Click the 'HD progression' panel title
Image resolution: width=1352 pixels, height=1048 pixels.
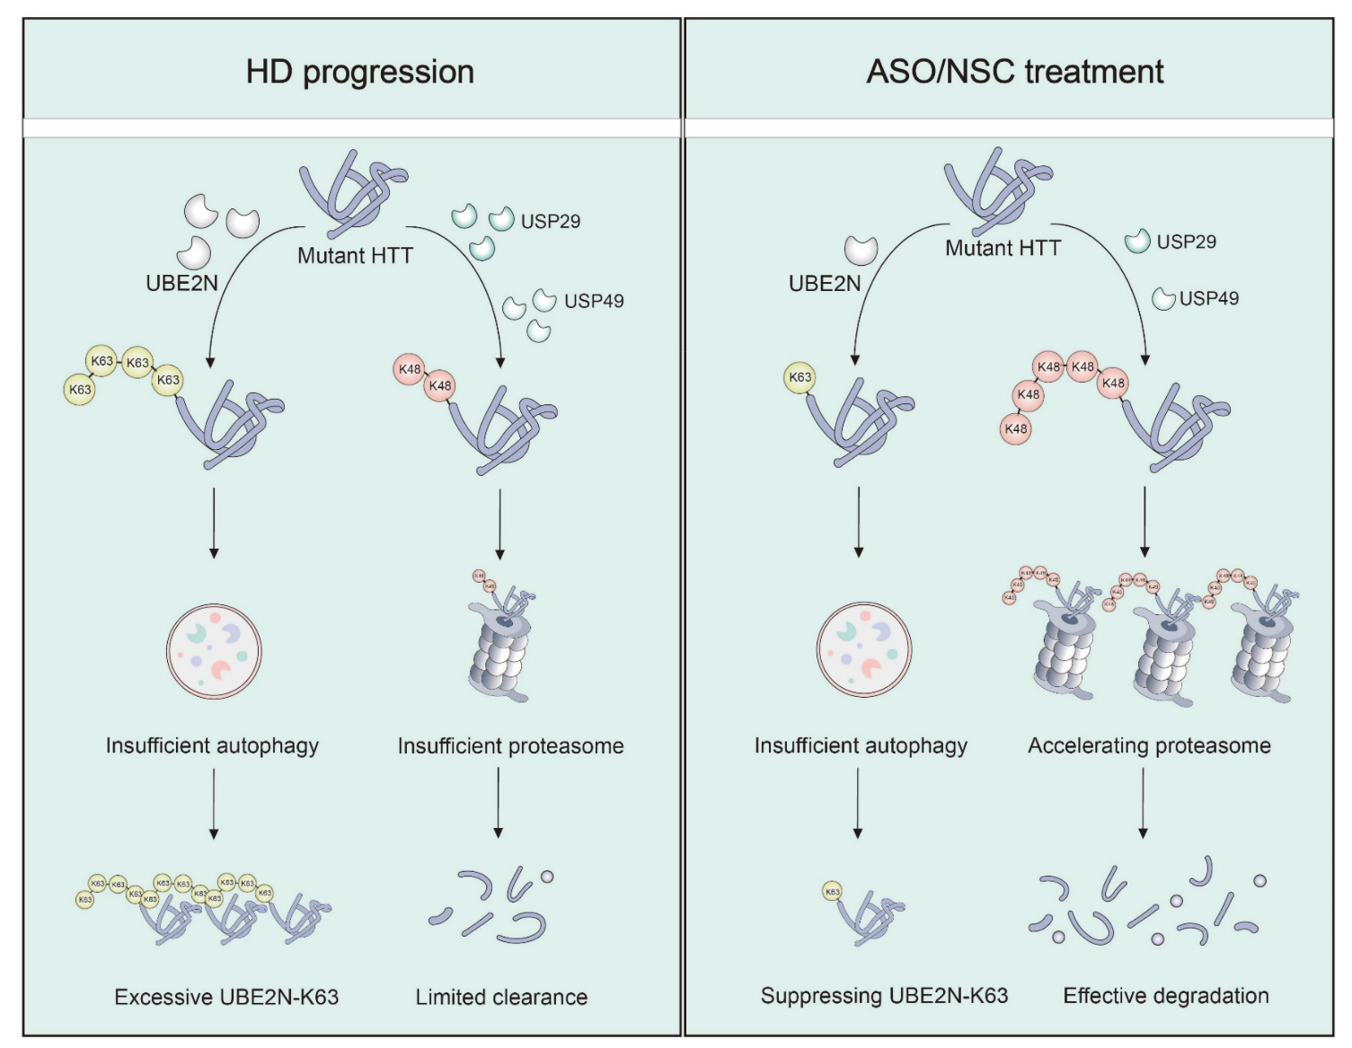click(x=359, y=72)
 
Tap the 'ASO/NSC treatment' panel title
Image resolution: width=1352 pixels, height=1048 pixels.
click(x=1014, y=72)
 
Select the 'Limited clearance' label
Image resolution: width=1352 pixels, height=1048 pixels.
click(x=501, y=997)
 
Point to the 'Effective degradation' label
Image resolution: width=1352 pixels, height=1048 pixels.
click(x=1166, y=995)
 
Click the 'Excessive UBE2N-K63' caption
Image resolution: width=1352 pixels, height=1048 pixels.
click(x=226, y=997)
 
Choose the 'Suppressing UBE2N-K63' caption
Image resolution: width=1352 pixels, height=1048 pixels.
click(x=884, y=995)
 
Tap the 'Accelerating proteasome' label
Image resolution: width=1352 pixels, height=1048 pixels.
click(x=1149, y=745)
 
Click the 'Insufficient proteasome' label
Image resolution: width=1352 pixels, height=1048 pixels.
click(x=510, y=745)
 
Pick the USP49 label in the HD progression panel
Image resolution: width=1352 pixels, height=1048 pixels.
click(x=594, y=301)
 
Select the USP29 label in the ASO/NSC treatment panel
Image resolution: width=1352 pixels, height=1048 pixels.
click(x=1186, y=242)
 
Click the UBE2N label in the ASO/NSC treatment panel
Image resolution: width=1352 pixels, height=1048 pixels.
click(x=825, y=284)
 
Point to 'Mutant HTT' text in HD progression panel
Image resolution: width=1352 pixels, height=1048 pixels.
click(x=355, y=256)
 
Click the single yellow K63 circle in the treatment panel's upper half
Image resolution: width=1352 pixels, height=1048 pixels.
click(x=800, y=377)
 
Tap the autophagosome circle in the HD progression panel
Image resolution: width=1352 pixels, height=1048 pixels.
click(x=214, y=651)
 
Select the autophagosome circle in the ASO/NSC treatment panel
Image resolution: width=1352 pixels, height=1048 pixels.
click(x=864, y=649)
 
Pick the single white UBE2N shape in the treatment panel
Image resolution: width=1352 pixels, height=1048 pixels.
click(x=861, y=250)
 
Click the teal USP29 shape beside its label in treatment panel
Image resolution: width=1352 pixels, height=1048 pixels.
click(x=1137, y=241)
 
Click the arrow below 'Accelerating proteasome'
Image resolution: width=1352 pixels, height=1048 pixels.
click(x=1143, y=803)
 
